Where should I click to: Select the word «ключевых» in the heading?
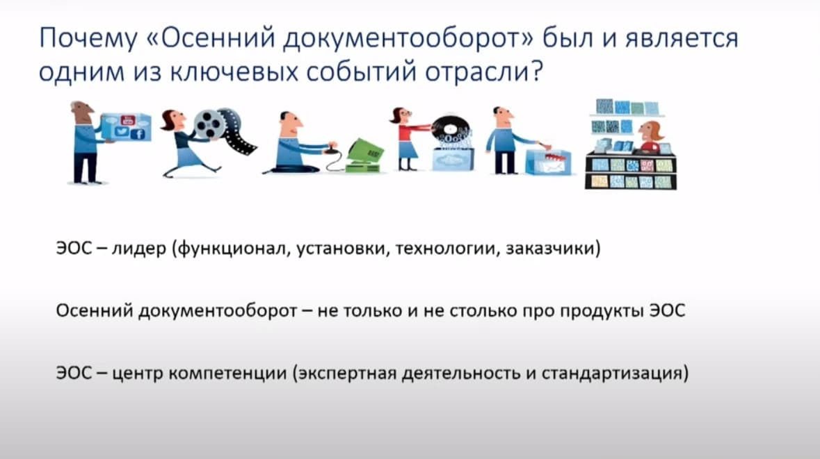click(x=234, y=72)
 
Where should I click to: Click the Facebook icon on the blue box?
click(x=138, y=134)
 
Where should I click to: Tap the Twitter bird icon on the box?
click(x=121, y=131)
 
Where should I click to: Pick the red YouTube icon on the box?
click(x=127, y=121)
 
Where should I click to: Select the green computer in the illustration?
click(x=365, y=156)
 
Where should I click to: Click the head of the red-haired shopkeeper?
click(x=650, y=133)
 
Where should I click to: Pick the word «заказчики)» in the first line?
click(x=554, y=249)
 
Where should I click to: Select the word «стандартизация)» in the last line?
click(x=615, y=374)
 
